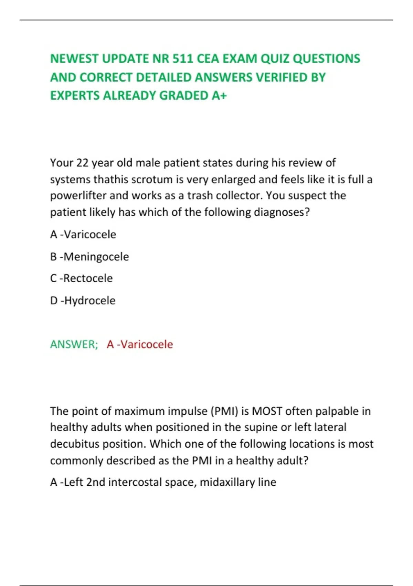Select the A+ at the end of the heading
pos(219,95)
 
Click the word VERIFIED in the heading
pos(281,77)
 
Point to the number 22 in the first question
pos(82,163)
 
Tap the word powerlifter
pos(78,196)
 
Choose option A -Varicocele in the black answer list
pos(83,234)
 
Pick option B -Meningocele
pos(89,257)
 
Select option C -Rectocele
pos(82,278)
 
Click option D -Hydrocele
pos(83,301)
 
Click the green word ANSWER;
pos(74,344)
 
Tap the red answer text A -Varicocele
pos(140,344)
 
